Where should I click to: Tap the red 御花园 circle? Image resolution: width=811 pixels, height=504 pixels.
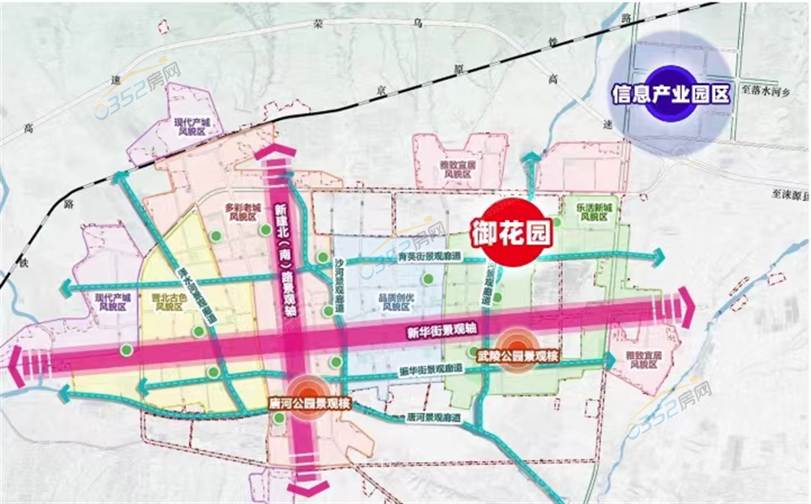(x=512, y=233)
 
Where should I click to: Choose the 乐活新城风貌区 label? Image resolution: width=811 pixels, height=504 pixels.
(x=596, y=212)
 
